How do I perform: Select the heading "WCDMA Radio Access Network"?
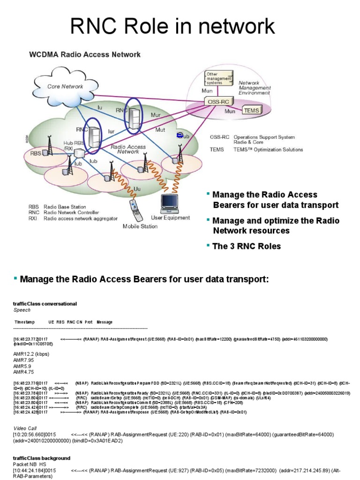85,54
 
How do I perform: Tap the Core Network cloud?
65,86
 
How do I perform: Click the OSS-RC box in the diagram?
217,101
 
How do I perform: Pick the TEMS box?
250,111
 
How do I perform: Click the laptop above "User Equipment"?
170,202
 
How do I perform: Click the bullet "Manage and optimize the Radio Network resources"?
275,225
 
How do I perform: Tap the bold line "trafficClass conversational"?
45,304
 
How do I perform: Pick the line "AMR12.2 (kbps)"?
31,353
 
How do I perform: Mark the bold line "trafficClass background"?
42,457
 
